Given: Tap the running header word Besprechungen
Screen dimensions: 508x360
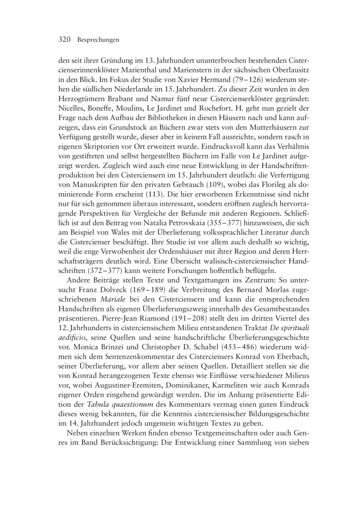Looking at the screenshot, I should (x=98, y=40).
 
